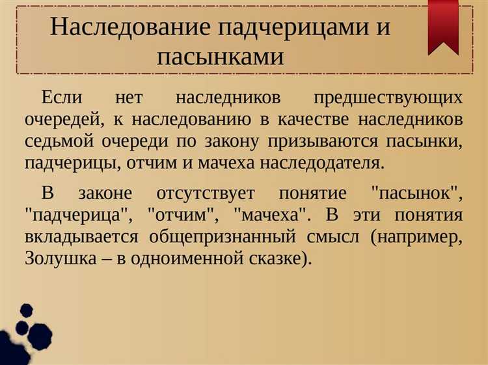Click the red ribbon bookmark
coord(443,26)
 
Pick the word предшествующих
coord(388,97)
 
